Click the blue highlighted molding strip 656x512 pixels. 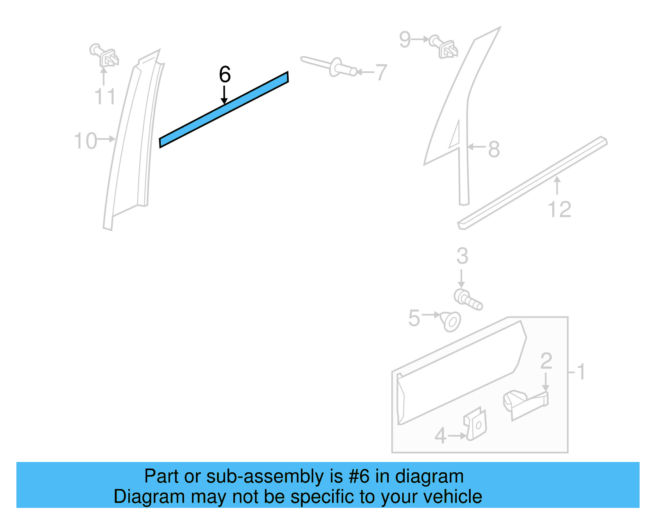click(x=224, y=109)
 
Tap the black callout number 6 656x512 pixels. click(x=225, y=75)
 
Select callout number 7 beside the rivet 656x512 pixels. click(x=381, y=73)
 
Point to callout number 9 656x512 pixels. click(x=405, y=40)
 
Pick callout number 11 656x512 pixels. click(x=105, y=97)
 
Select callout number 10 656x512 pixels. click(x=85, y=141)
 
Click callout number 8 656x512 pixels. click(x=494, y=149)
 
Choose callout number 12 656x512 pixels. click(x=559, y=209)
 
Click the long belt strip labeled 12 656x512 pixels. click(x=533, y=183)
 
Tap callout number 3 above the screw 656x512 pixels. click(x=462, y=256)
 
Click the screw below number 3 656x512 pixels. click(x=467, y=299)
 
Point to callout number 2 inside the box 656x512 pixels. click(x=546, y=362)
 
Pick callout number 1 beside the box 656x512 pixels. click(x=581, y=372)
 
